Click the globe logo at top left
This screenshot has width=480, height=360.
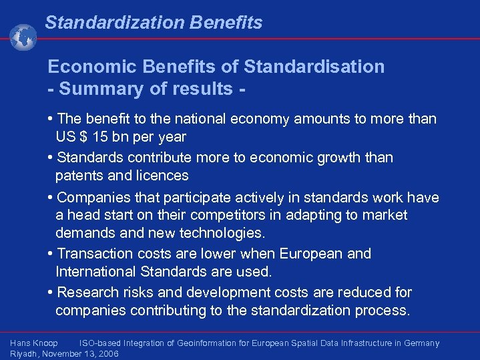coord(23,37)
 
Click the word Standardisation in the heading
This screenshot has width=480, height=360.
coord(314,67)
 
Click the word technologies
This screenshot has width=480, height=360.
coord(224,233)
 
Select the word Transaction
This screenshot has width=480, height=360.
coord(95,254)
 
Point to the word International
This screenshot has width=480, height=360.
coord(97,272)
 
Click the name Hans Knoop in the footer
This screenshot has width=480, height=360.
coord(34,343)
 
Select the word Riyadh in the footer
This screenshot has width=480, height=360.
coord(24,354)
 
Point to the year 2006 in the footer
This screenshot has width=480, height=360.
coord(109,354)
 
